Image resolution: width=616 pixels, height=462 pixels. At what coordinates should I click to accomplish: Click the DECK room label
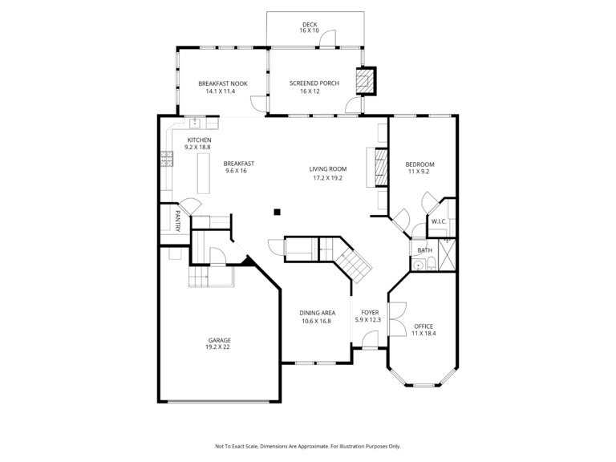tap(310, 24)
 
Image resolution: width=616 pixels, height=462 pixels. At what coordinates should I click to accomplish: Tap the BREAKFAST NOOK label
tap(223, 83)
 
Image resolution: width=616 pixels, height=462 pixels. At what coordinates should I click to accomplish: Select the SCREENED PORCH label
tap(314, 83)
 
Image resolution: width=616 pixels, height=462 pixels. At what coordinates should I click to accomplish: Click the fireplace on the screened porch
tap(366, 81)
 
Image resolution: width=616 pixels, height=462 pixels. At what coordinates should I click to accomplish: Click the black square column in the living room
tap(277, 212)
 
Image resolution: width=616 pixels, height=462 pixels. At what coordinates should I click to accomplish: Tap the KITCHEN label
tap(199, 140)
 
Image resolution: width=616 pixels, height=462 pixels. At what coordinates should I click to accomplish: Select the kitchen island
tap(204, 173)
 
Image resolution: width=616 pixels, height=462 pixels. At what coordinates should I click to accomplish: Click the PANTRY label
tap(177, 221)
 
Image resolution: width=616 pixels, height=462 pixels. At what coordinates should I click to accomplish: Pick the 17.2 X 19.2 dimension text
tap(327, 178)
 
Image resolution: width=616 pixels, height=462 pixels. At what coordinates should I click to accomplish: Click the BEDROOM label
tap(419, 164)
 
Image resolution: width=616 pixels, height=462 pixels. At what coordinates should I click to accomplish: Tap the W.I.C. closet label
tap(439, 221)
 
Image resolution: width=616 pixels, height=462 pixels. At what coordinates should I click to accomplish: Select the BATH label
tap(424, 250)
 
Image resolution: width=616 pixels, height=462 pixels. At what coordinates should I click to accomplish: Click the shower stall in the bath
tap(447, 255)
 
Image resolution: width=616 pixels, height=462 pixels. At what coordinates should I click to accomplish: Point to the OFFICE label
tap(423, 326)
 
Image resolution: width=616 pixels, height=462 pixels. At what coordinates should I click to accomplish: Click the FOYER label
tap(370, 313)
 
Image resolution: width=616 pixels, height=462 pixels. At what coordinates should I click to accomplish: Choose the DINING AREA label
tap(318, 313)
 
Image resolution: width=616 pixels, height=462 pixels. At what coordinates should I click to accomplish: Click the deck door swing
tap(327, 39)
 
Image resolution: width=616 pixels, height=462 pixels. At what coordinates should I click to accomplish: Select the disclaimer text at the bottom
tap(308, 446)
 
